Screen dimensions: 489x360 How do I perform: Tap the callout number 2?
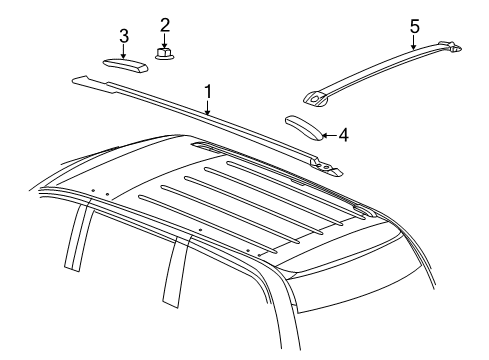tap(165, 25)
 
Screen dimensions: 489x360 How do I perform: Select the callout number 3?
tap(124, 36)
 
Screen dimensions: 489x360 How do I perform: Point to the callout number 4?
tap(343, 135)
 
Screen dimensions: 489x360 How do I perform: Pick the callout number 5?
tap(415, 26)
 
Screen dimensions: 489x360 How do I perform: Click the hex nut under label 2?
tap(164, 53)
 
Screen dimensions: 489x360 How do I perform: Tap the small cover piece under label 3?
tap(125, 65)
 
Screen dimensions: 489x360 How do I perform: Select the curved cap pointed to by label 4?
tap(304, 128)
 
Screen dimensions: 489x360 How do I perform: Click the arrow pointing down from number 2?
tap(164, 41)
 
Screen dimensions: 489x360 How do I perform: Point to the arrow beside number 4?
tap(330, 135)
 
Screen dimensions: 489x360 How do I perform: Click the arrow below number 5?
tap(414, 42)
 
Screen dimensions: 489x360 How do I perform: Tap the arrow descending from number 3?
tap(123, 52)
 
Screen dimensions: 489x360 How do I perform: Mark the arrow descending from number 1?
tap(208, 108)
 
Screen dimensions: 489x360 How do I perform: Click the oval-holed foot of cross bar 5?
tap(315, 99)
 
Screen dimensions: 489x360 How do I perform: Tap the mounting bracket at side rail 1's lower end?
tap(326, 167)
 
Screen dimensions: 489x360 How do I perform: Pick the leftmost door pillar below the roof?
tap(78, 237)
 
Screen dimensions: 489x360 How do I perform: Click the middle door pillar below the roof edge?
tap(175, 272)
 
